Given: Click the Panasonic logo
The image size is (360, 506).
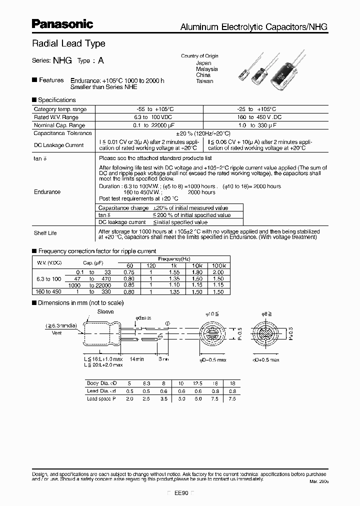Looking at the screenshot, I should (62, 23).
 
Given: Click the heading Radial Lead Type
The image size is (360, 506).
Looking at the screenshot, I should (68, 43).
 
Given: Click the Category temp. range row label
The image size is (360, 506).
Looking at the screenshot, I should (60, 109).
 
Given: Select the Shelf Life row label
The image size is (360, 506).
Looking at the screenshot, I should (45, 233).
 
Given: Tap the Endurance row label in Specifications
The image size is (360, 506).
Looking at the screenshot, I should (47, 191).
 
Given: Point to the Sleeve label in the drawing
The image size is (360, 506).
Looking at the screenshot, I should (106, 311).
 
